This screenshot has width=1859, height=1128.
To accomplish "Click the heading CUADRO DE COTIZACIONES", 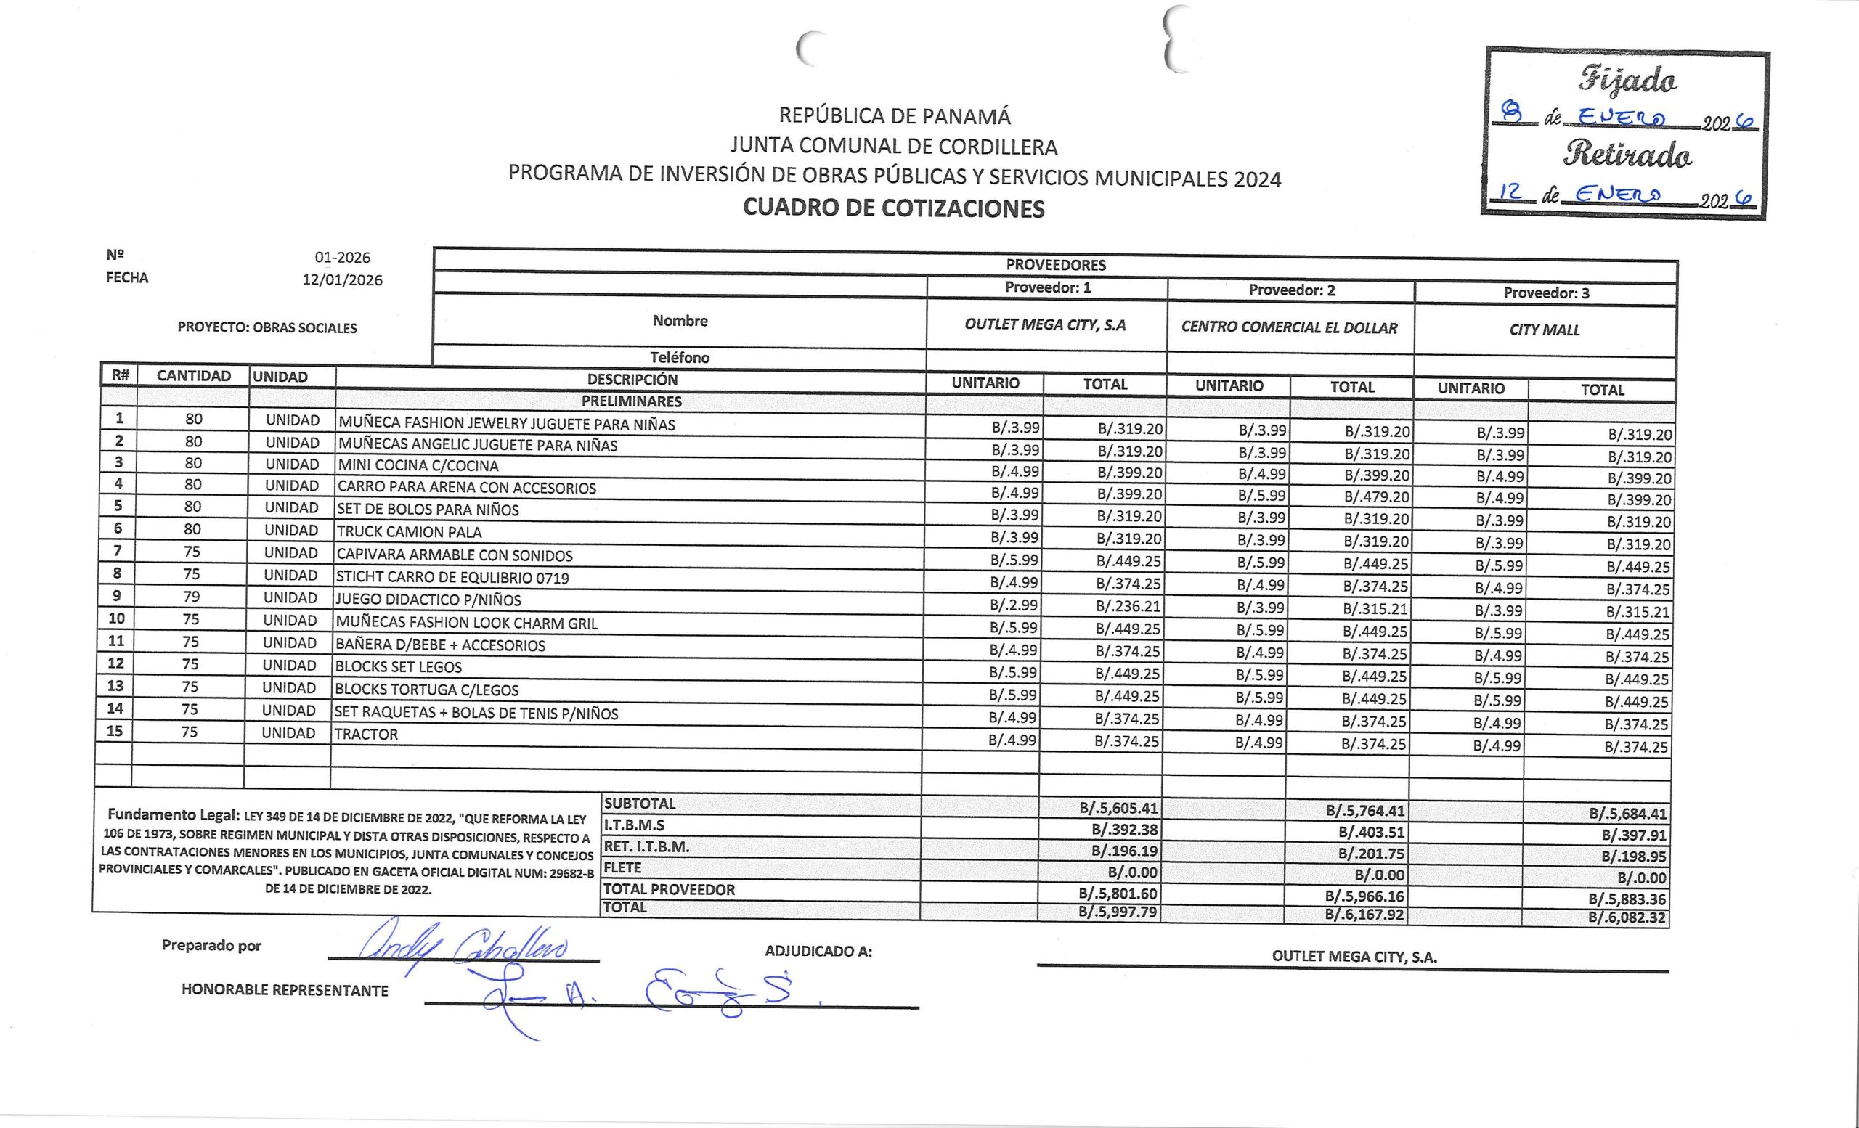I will click(x=893, y=208).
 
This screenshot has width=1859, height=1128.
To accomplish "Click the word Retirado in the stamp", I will click(x=1627, y=155).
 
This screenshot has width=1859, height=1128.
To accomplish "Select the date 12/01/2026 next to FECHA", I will click(x=343, y=279).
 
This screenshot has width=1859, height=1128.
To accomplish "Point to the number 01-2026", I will click(x=343, y=257).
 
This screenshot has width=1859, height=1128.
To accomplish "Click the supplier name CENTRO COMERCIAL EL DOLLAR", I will click(x=1289, y=327).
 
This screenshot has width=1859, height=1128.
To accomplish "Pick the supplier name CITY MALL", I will click(x=1544, y=330).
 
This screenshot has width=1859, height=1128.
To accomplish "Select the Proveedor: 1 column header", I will click(x=1047, y=287).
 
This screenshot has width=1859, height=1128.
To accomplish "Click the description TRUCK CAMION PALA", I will click(x=409, y=531).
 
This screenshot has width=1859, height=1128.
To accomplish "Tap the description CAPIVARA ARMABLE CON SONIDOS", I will click(x=454, y=556).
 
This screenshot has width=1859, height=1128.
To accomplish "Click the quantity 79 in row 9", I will click(x=192, y=597).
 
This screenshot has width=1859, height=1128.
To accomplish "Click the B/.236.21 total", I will click(x=1128, y=606).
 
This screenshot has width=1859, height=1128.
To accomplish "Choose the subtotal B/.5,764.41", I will click(x=1364, y=812).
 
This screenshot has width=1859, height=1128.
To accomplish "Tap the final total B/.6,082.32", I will click(x=1627, y=917).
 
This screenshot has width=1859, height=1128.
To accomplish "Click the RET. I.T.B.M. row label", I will click(x=646, y=847).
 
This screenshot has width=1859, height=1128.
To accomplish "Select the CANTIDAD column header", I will click(x=194, y=375).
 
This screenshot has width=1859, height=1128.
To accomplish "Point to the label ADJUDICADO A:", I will click(x=818, y=952).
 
